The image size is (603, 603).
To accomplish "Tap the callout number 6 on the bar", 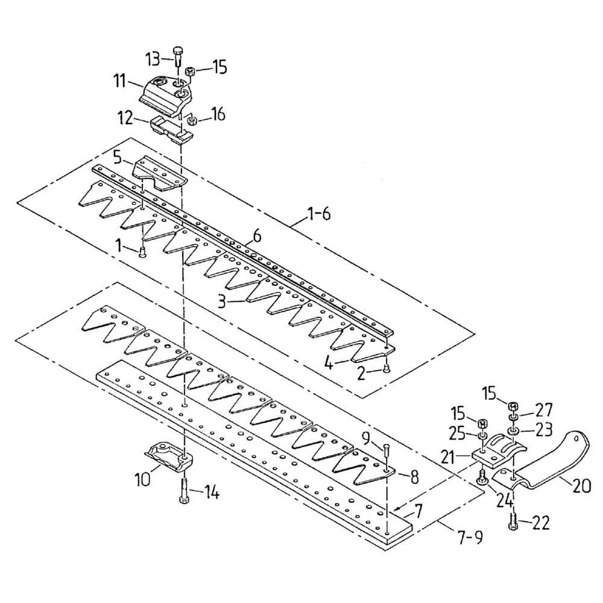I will coord(257,236).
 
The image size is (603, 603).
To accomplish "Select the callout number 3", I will coord(222,301).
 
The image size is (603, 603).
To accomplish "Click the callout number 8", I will coord(414,476).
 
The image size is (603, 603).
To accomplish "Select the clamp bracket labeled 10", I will coord(167,455).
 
